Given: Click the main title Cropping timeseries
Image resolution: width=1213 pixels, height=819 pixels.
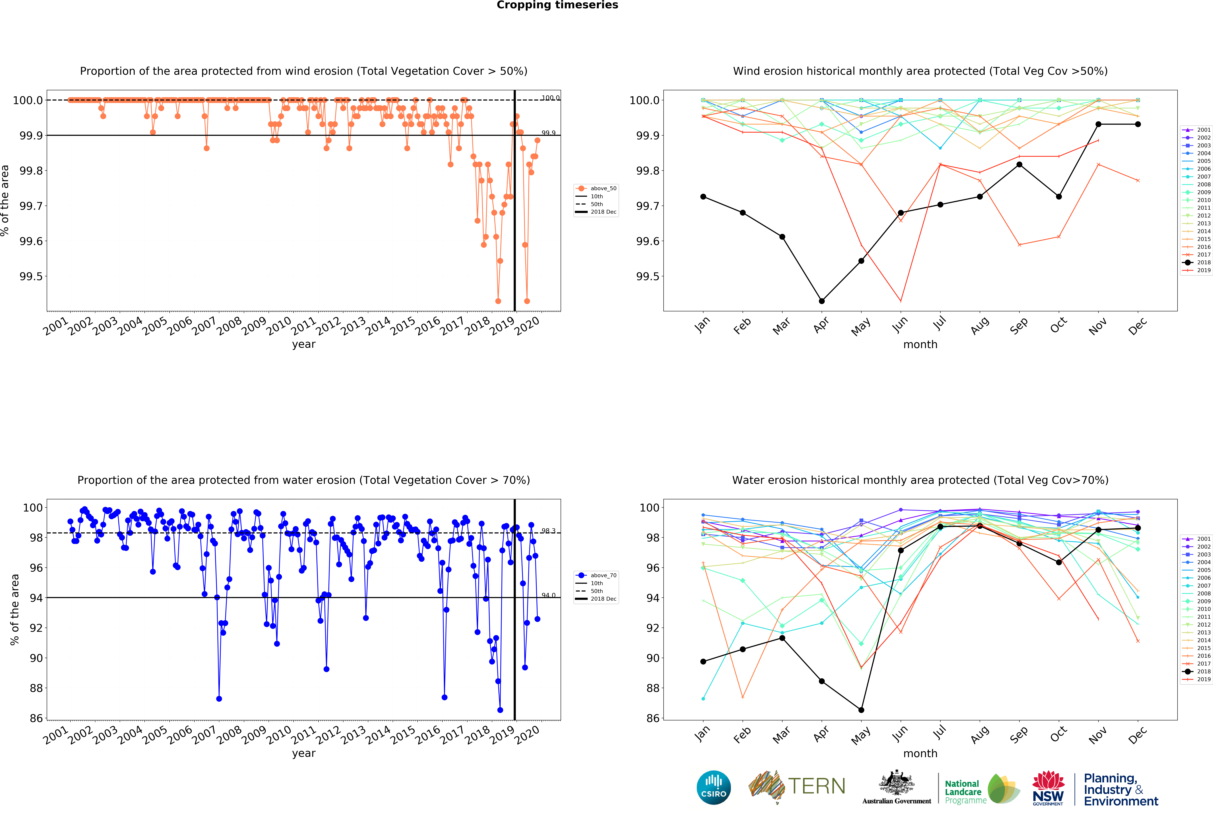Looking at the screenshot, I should coord(557,5).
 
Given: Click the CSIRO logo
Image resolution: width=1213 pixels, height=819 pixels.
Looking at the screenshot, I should coord(713,787).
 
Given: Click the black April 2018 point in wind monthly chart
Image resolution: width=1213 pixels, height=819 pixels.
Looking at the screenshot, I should coord(821,301).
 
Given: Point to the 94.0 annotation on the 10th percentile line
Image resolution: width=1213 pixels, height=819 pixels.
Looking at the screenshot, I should coord(548,595).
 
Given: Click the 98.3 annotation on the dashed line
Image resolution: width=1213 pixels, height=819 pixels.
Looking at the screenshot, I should coord(548,530).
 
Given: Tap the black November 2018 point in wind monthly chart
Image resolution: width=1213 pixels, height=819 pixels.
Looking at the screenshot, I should coord(1098,124).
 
